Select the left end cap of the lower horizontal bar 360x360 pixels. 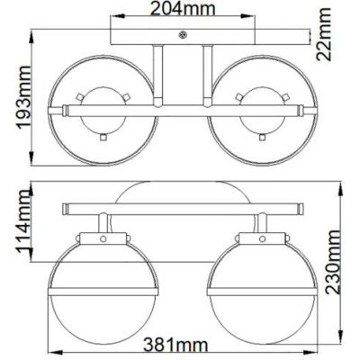64,209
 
